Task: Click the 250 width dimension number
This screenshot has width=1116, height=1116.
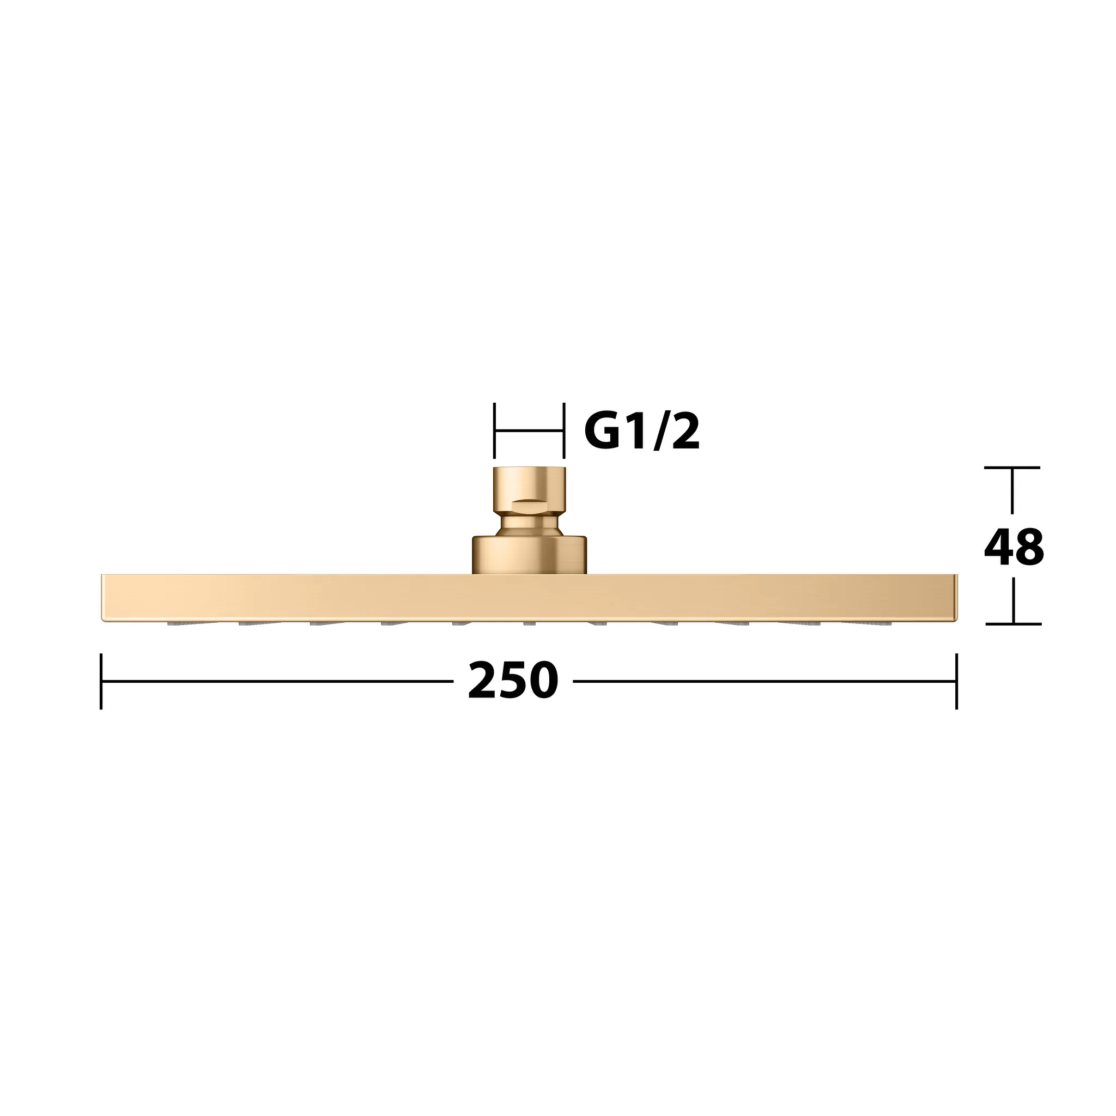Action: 513,681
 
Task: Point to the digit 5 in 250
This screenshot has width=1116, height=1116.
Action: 513,682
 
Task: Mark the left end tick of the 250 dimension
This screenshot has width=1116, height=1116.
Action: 101,681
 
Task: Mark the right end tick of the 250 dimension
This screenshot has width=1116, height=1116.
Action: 956,681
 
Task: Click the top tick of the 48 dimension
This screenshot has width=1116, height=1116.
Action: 1012,468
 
